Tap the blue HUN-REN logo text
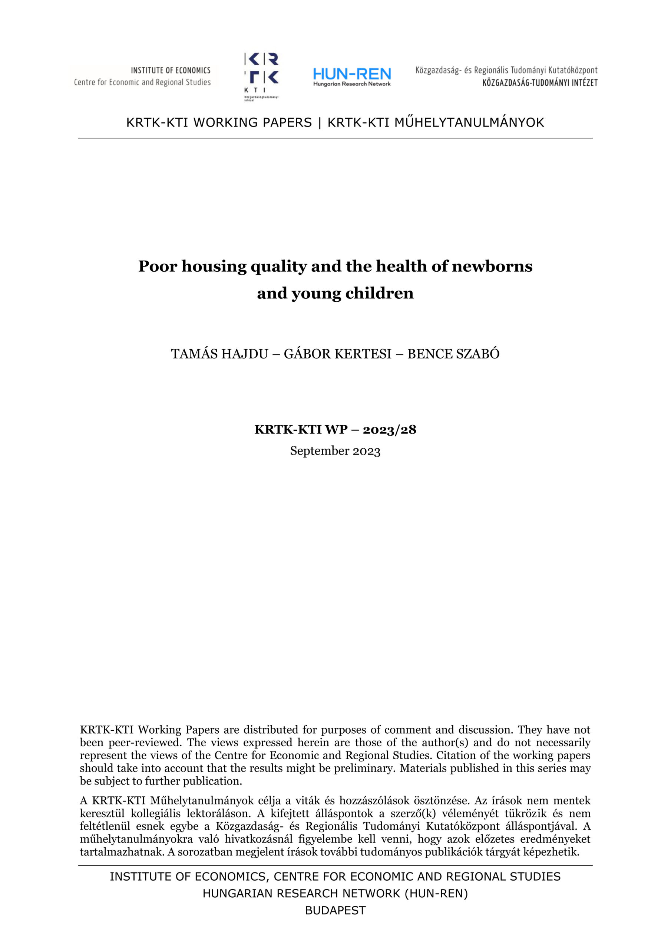(x=352, y=74)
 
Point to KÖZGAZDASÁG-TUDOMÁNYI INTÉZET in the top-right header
(x=540, y=83)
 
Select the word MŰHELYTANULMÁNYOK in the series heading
(x=469, y=122)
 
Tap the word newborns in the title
(x=492, y=266)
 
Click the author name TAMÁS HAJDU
(x=219, y=354)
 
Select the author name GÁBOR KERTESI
(x=337, y=354)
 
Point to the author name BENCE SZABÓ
(x=453, y=354)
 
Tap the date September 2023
(x=335, y=451)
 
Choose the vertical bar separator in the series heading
(x=320, y=122)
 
